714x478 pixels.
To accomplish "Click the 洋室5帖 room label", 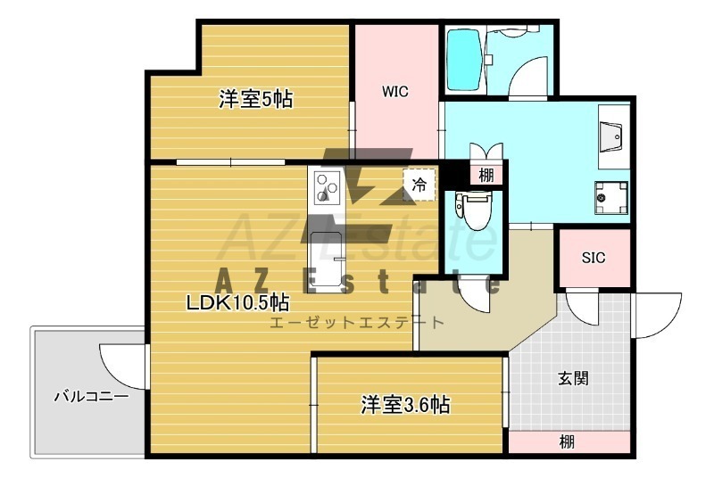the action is [x=255, y=99].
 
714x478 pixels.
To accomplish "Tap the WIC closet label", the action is [x=394, y=92].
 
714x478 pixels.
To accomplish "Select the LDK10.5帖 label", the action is [x=237, y=301].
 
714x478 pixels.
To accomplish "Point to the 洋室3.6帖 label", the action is [x=405, y=404].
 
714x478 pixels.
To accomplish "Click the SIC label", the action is [x=594, y=258].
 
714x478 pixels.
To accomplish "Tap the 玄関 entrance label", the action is [x=573, y=378].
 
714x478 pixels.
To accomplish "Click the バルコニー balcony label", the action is [x=92, y=396].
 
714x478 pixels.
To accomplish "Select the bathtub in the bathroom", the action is [x=464, y=60].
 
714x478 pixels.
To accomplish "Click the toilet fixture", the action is [x=474, y=210].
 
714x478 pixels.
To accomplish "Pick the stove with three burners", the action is [x=327, y=187].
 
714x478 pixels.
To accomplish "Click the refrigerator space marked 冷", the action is [x=419, y=185].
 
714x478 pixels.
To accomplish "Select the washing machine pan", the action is [x=611, y=198].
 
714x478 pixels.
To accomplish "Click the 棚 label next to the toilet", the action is [x=486, y=175].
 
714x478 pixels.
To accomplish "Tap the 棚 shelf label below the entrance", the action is [x=567, y=441].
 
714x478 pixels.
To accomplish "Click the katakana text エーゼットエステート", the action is [x=356, y=323].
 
